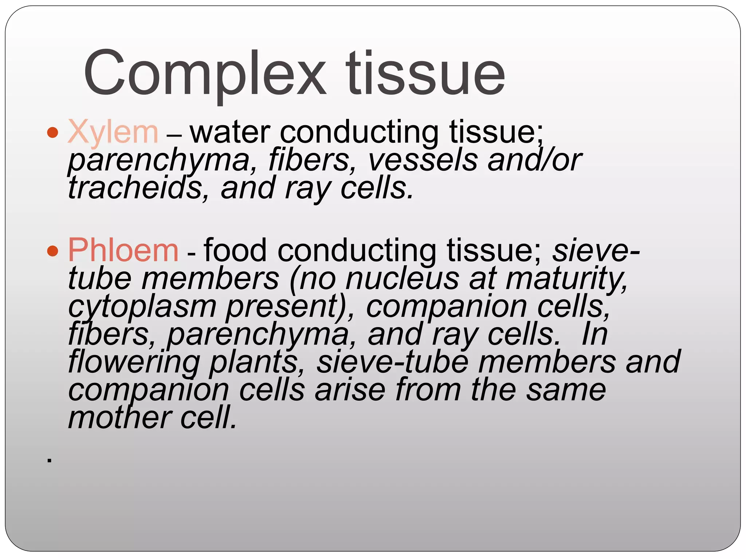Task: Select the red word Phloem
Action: click(123, 250)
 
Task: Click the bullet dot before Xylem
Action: click(53, 132)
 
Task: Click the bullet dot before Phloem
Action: click(53, 251)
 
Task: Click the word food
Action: click(235, 250)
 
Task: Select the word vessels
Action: click(423, 160)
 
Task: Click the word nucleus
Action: click(402, 279)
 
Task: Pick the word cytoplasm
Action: click(142, 307)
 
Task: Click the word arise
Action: click(350, 390)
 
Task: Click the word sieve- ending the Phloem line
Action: click(596, 250)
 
